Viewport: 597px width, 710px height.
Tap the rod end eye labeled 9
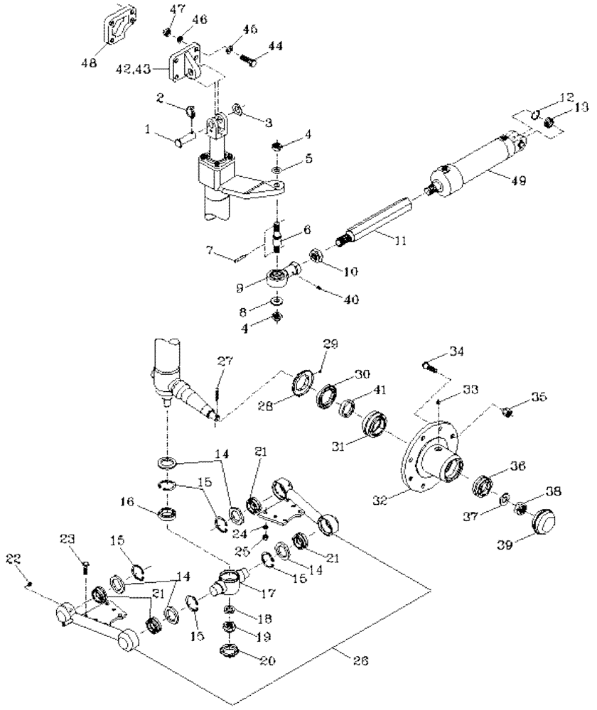tap(279, 278)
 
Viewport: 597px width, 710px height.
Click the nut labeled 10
tap(318, 255)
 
